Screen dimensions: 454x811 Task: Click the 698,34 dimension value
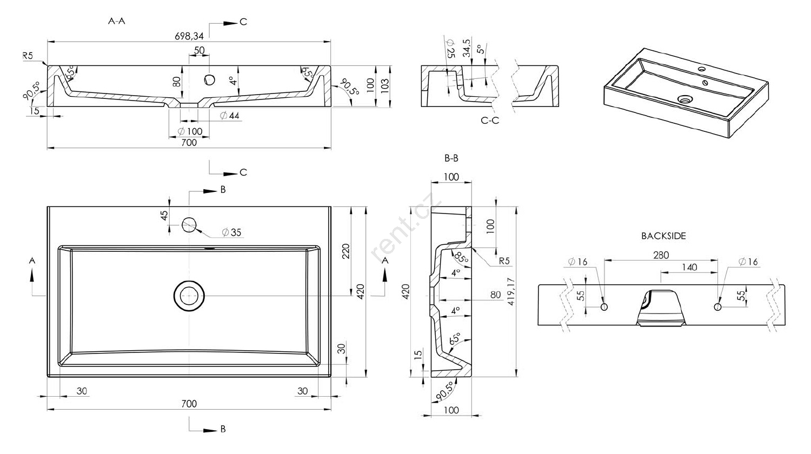[x=189, y=36]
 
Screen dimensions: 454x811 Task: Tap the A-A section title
[x=117, y=22]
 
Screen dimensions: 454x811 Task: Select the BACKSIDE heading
[x=663, y=236]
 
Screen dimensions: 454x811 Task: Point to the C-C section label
[x=490, y=121]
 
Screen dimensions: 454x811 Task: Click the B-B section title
[x=451, y=158]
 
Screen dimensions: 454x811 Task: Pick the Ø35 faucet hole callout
[x=231, y=232]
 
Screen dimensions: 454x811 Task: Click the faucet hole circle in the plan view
[x=189, y=225]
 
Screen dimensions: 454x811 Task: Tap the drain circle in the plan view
[x=189, y=296]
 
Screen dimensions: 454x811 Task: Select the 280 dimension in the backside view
[x=661, y=255]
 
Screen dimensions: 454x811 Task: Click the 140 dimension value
[x=689, y=267]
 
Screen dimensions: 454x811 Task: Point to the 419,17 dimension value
[x=511, y=292]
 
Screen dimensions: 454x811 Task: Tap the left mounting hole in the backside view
[x=604, y=307]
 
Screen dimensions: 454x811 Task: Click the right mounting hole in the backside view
[x=717, y=307]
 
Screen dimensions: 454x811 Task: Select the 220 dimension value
[x=345, y=251]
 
